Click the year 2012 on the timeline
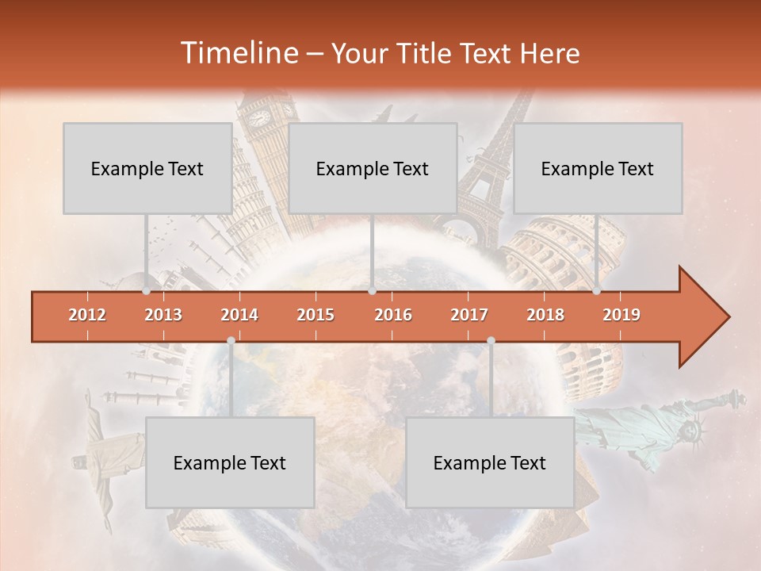click(87, 315)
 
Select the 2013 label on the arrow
click(163, 315)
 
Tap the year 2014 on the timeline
click(239, 315)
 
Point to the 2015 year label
click(315, 315)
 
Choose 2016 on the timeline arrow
click(393, 315)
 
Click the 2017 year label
click(469, 315)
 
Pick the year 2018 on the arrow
click(545, 315)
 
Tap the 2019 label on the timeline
click(621, 315)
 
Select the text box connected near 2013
click(147, 168)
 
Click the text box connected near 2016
click(373, 168)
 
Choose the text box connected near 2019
click(598, 168)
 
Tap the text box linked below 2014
click(230, 462)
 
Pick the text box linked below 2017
click(490, 462)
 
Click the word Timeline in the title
click(237, 53)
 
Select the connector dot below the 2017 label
click(491, 341)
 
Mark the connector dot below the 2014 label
click(231, 341)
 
